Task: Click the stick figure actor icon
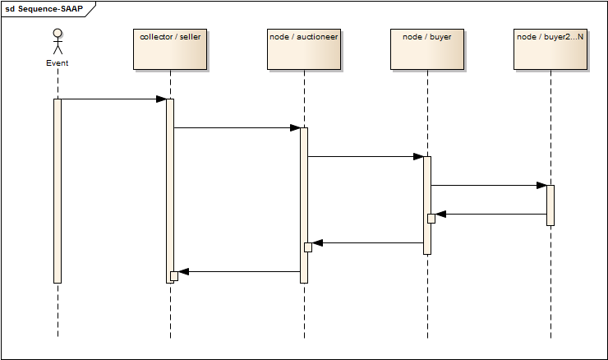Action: click(58, 42)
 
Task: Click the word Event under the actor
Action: click(58, 63)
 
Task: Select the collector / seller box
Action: click(170, 49)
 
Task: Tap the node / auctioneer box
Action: click(303, 49)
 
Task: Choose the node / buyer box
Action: click(427, 49)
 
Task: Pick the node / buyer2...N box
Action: click(550, 49)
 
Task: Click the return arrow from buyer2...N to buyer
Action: click(491, 214)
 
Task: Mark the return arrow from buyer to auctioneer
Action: click(367, 242)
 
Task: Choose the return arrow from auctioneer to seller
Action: click(238, 271)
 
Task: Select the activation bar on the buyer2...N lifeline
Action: click(550, 205)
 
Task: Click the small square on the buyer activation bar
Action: click(431, 218)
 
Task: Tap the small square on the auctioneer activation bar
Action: click(307, 247)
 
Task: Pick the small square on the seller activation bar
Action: click(173, 275)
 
